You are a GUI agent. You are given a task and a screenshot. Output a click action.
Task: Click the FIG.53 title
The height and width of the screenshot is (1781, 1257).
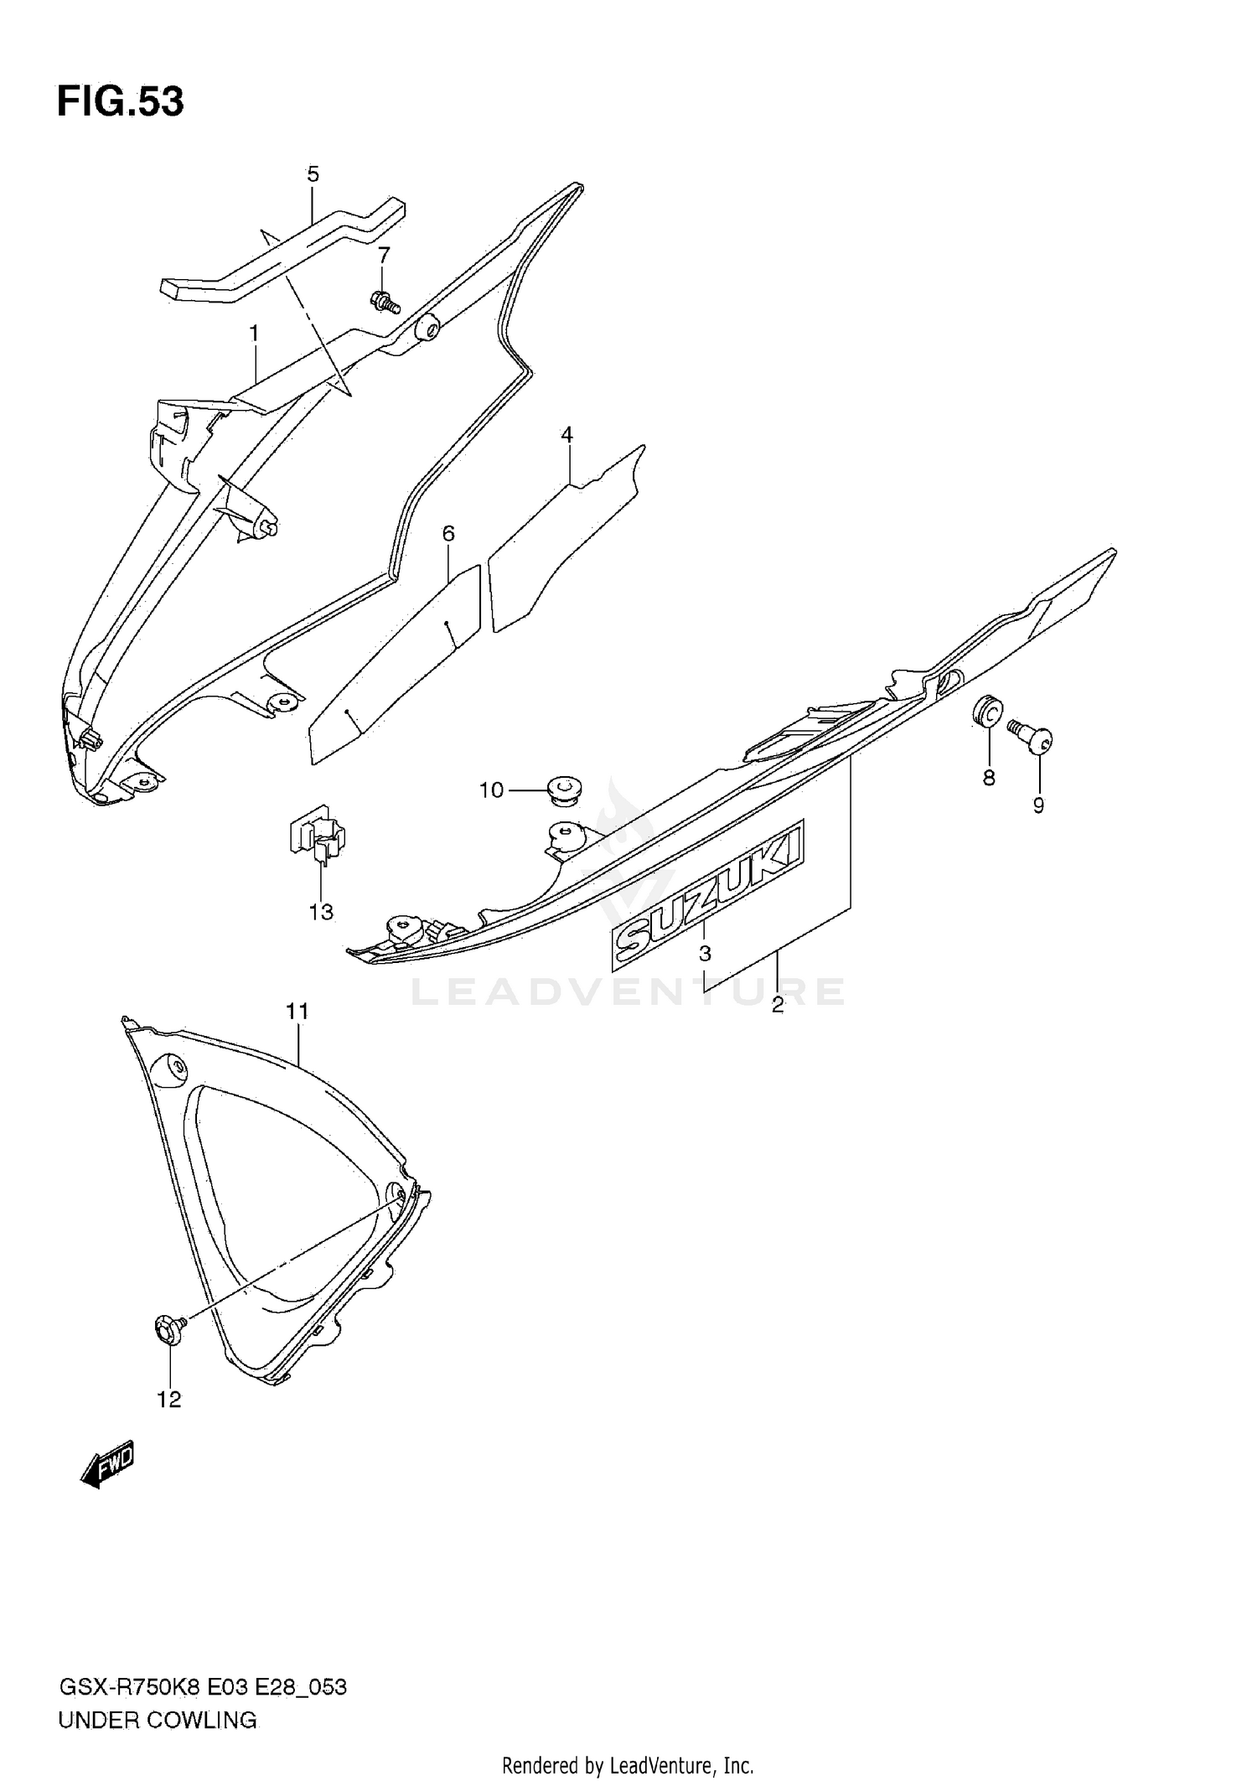click(x=120, y=101)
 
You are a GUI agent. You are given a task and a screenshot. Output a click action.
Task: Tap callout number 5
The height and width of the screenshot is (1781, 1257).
click(x=313, y=174)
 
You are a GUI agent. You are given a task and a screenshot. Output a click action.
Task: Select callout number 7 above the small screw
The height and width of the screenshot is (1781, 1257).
click(x=384, y=255)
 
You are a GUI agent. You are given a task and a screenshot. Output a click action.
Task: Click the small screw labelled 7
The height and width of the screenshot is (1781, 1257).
click(x=385, y=300)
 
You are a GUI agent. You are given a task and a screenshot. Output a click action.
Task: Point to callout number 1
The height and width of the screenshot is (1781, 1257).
click(x=253, y=334)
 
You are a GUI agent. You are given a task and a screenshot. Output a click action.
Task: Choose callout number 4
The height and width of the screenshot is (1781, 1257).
click(x=567, y=434)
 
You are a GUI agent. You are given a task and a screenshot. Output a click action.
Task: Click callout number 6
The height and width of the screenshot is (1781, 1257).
click(x=448, y=533)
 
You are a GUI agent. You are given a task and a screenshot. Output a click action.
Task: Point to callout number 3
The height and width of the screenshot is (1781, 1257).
click(x=705, y=953)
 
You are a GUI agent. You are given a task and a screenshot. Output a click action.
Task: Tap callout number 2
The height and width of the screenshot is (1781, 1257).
click(x=778, y=1006)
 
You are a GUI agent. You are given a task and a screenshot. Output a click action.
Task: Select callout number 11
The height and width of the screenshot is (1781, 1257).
click(x=297, y=1012)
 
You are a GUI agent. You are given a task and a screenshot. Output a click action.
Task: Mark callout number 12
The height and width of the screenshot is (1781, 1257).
click(x=169, y=1400)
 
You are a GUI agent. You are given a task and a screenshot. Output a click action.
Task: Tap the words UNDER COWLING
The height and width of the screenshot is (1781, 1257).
click(x=158, y=1721)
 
